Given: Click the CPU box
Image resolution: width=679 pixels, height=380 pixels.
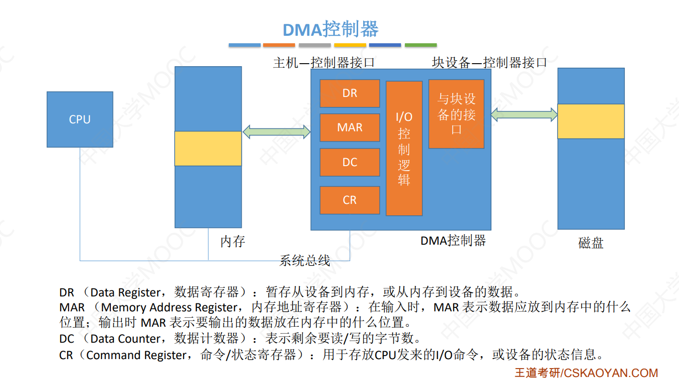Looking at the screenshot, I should tap(80, 119).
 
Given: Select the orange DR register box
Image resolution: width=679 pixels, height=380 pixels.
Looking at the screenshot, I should tap(350, 94).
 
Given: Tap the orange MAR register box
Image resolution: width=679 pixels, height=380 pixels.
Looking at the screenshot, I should tap(350, 128).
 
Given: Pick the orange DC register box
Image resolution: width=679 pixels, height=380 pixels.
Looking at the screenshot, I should tap(350, 162).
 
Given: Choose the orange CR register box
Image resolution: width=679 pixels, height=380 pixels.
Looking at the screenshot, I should tap(350, 200).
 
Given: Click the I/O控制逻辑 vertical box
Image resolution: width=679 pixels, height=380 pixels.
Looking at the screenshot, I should tap(404, 148).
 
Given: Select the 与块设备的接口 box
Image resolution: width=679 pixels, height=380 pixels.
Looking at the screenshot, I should tap(456, 114).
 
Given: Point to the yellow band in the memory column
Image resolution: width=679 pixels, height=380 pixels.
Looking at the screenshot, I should tap(208, 148).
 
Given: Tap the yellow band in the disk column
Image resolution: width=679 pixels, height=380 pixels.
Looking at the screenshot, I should tap(590, 121).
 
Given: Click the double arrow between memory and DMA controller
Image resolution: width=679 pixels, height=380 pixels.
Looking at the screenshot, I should tap(277, 132).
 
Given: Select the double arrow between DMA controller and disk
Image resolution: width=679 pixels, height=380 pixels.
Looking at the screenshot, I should tap(524, 114).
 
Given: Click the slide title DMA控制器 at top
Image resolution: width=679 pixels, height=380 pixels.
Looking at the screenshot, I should tap(331, 29).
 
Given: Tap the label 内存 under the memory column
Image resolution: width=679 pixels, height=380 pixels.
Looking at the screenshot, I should tap(233, 242).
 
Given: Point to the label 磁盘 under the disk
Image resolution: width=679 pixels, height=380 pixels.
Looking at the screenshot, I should tap(591, 243).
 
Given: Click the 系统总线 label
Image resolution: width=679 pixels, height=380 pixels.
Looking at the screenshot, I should tap(304, 260).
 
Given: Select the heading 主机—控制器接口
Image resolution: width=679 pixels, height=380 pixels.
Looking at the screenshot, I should tap(324, 63).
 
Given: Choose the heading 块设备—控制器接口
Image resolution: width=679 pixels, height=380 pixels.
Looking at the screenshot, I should tap(489, 63).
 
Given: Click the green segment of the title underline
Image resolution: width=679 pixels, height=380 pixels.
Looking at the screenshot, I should tap(420, 45).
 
